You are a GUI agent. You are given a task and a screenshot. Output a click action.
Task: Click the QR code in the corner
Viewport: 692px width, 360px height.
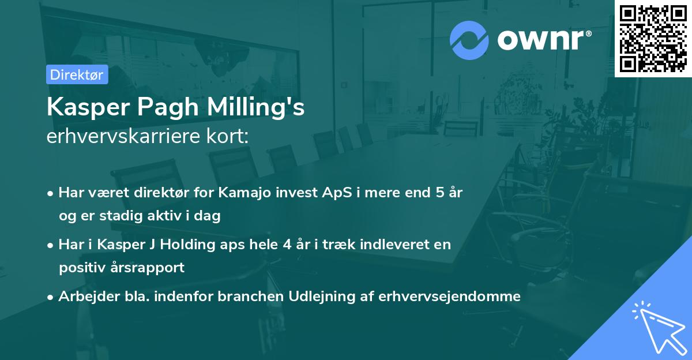(653, 39)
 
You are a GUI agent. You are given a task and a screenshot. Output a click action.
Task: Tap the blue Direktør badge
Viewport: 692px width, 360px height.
(77, 74)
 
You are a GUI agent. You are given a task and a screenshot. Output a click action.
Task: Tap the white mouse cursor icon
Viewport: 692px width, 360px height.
(657, 327)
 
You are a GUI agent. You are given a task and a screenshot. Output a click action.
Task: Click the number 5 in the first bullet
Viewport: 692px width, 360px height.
(439, 193)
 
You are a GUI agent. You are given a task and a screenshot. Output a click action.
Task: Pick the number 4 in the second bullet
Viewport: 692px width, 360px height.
(285, 245)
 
